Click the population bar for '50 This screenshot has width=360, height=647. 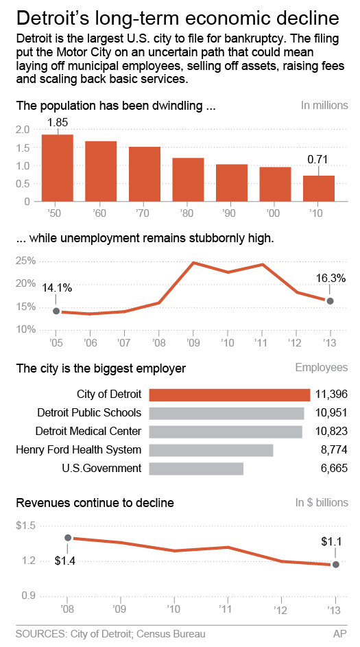click(x=57, y=168)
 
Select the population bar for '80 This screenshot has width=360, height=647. click(x=188, y=180)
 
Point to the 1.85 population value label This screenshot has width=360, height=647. click(x=57, y=121)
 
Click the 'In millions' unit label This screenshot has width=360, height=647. click(x=324, y=106)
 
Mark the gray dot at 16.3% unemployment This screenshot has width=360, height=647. click(x=330, y=301)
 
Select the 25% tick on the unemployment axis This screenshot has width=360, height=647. click(x=25, y=261)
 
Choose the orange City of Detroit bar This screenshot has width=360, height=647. click(x=229, y=395)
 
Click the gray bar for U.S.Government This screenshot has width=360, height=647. click(x=196, y=469)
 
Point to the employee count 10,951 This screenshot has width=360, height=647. click(x=331, y=413)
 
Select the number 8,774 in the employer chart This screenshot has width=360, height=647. click(x=334, y=450)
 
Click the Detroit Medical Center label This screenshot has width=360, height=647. click(x=88, y=432)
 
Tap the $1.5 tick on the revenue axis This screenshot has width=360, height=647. click(x=26, y=526)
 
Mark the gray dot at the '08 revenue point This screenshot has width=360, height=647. click(x=67, y=538)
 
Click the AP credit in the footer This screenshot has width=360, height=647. click(x=340, y=635)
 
